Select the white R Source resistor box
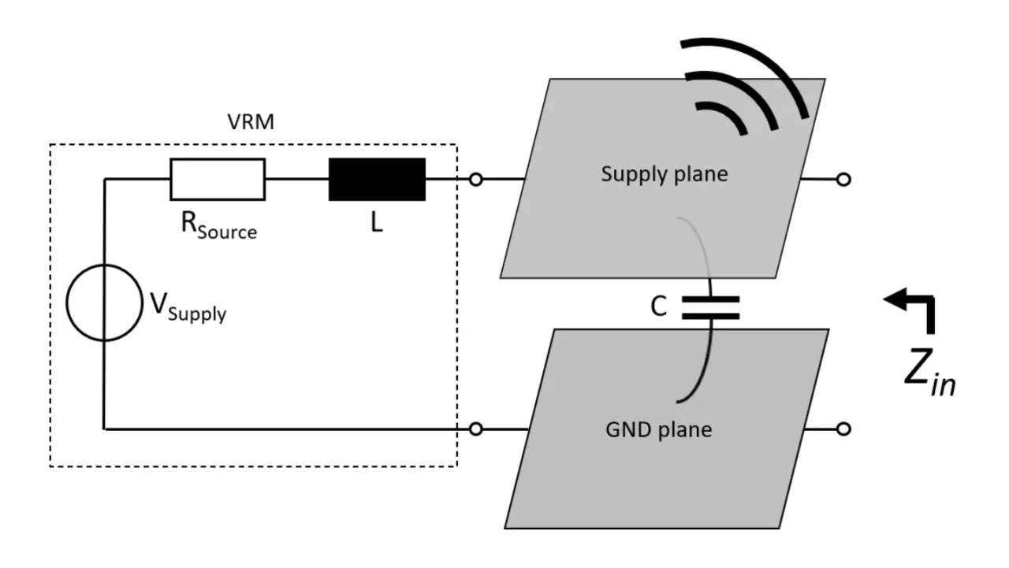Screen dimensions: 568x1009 click(x=218, y=180)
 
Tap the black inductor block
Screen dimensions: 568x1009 click(x=377, y=180)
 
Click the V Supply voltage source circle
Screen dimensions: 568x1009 click(x=104, y=303)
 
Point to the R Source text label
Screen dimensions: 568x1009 click(x=218, y=225)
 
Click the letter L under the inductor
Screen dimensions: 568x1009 click(x=376, y=223)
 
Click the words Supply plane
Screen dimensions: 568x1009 click(x=665, y=174)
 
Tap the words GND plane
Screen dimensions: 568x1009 click(x=658, y=430)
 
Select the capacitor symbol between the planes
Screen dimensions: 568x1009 click(x=711, y=308)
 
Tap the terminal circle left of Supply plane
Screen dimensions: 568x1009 click(x=475, y=180)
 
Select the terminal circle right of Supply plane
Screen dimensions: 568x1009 click(x=843, y=180)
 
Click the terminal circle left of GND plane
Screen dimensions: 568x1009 click(x=475, y=429)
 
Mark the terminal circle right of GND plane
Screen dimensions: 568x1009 click(x=843, y=429)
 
